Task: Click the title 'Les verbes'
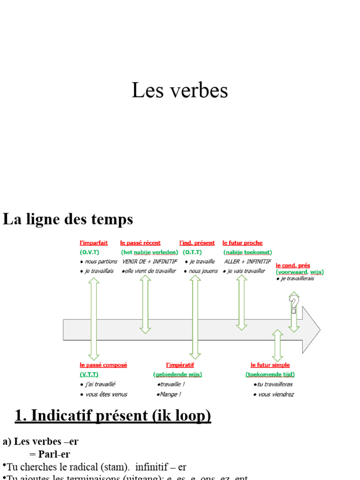(180, 90)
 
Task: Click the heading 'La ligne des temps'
(68, 219)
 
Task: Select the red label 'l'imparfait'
(94, 243)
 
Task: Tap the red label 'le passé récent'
(140, 243)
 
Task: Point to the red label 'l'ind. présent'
(197, 243)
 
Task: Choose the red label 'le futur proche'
(242, 243)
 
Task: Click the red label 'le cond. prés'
(292, 265)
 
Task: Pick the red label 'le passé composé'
(103, 365)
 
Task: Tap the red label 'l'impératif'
(180, 365)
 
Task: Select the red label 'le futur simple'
(270, 365)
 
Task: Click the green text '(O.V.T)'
(90, 252)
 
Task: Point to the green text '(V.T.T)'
(89, 374)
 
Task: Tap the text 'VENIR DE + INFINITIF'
(150, 262)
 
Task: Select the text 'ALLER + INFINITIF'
(247, 262)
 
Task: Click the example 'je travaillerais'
(297, 278)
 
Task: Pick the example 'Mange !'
(169, 394)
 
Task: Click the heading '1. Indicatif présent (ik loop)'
(113, 415)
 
